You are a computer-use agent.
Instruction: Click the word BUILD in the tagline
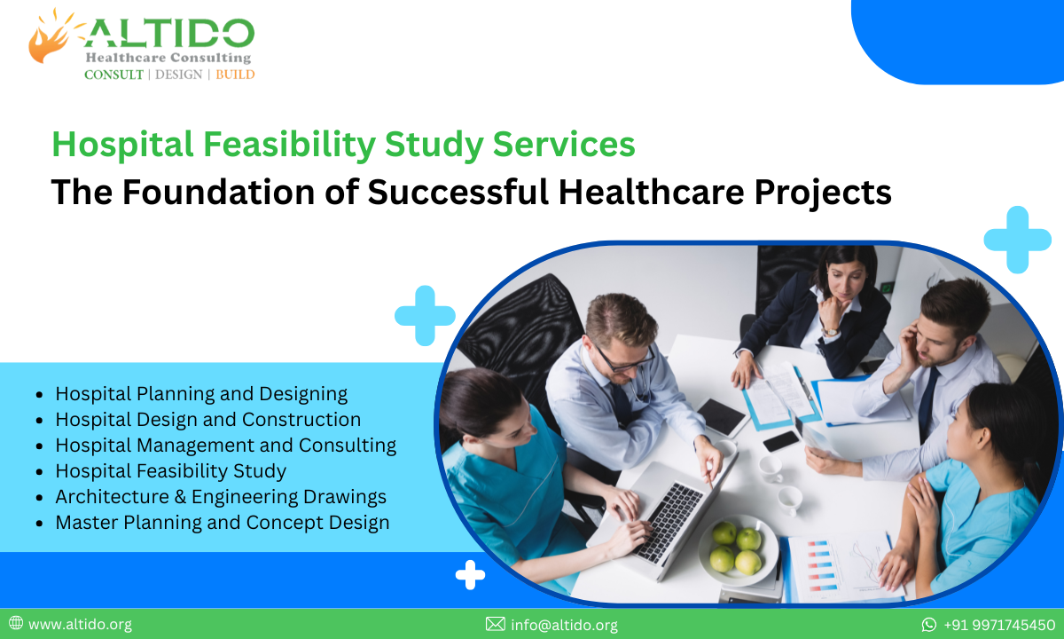tap(235, 75)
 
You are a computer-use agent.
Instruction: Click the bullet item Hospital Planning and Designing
tap(201, 393)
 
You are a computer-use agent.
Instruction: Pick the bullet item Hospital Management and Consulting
tap(225, 445)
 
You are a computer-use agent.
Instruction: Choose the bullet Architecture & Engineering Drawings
tap(221, 496)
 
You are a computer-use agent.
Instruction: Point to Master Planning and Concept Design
tap(222, 523)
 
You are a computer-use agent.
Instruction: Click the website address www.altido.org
tap(80, 625)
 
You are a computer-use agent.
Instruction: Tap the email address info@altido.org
tap(564, 625)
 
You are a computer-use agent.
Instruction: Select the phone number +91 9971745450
tap(999, 625)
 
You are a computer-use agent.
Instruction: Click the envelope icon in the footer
tap(495, 625)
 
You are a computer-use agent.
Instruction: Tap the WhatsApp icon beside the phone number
tap(929, 625)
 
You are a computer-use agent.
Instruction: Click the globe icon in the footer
tap(16, 624)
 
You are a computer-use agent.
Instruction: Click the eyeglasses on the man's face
tap(624, 361)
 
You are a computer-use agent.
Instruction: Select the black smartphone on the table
tap(781, 440)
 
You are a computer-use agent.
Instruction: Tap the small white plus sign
tap(470, 575)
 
